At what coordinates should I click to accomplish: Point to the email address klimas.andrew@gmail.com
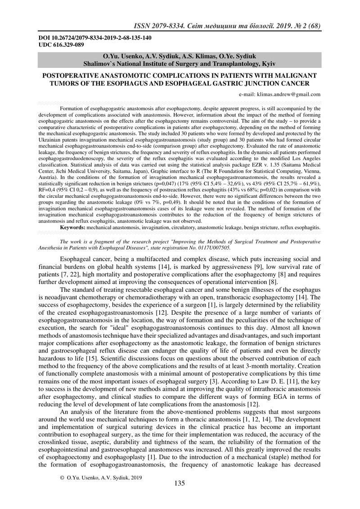tap(288, 94)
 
